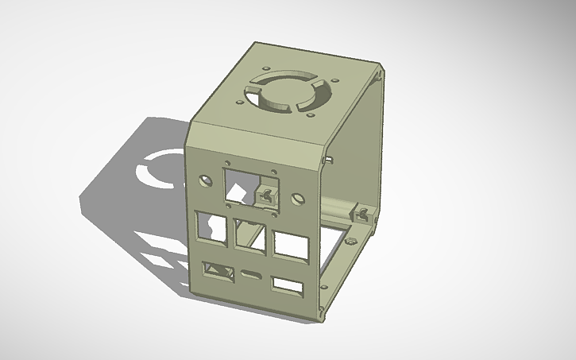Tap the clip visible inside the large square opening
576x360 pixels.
coord(267,195)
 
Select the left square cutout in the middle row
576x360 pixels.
coord(210,226)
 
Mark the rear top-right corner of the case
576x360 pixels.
coord(385,70)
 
